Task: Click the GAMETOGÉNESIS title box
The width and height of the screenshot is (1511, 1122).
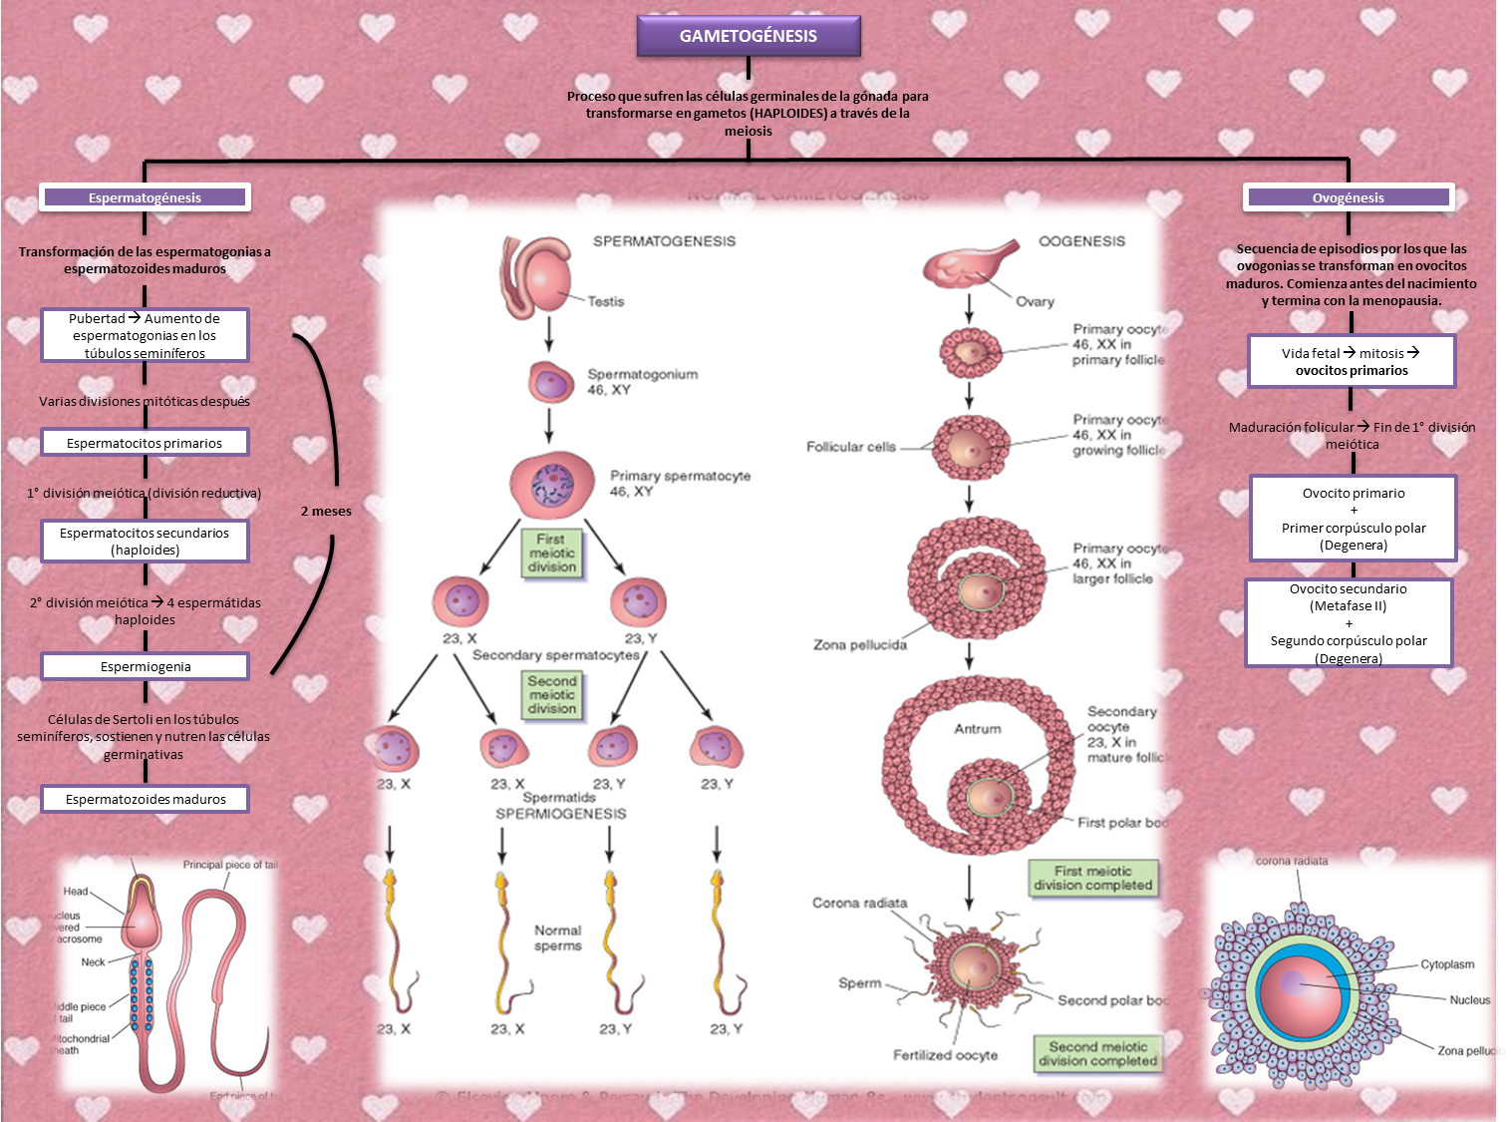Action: (x=749, y=36)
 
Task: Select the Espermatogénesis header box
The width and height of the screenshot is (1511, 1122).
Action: (x=145, y=197)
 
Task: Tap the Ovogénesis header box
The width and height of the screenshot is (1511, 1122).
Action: (x=1349, y=197)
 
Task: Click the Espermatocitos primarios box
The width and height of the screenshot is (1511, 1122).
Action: (x=145, y=443)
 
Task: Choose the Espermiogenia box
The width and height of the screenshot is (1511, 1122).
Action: (x=145, y=666)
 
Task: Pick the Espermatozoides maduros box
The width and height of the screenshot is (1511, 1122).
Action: (x=145, y=799)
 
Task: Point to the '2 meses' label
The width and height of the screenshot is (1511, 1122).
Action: (x=326, y=511)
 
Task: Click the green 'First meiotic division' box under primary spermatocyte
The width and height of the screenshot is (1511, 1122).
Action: (x=552, y=553)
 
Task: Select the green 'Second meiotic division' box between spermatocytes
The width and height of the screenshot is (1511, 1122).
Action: (x=552, y=694)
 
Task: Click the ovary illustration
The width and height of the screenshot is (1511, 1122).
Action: (x=967, y=264)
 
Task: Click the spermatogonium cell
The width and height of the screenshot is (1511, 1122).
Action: (x=550, y=382)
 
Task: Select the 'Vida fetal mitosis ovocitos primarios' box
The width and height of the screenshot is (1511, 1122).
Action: (x=1352, y=361)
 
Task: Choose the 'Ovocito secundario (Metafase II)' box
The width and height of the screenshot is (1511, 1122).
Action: (x=1349, y=623)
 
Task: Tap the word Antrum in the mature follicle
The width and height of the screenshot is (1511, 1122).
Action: (x=978, y=729)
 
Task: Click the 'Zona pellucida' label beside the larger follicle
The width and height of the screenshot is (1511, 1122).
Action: (x=860, y=645)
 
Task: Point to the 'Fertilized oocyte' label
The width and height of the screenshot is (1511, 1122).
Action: (x=945, y=1055)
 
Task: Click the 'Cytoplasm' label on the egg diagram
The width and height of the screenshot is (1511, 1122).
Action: (x=1447, y=964)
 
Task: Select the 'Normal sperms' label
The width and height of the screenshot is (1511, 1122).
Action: (x=557, y=937)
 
